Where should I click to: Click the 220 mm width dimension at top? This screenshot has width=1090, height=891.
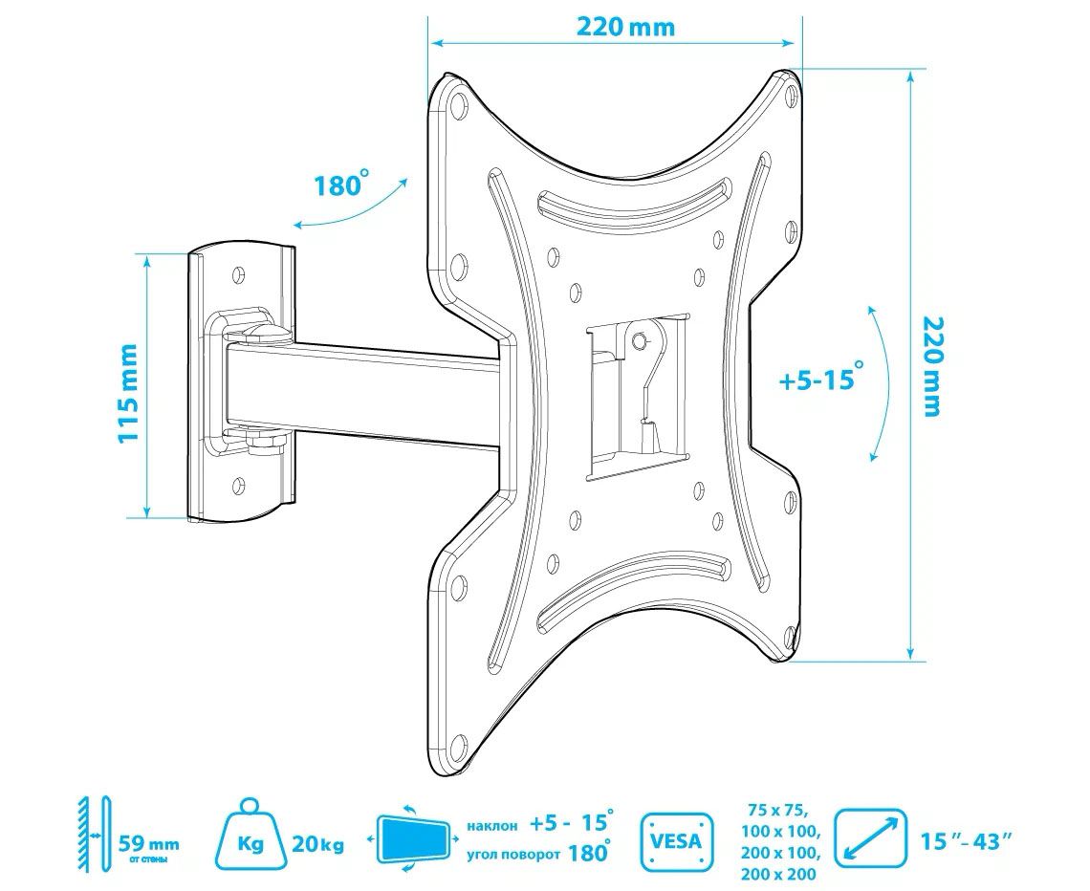625,27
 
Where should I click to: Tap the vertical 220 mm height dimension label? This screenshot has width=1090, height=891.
930,366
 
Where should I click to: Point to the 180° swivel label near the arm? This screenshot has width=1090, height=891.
339,185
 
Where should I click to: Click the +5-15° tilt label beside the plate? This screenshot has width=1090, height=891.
821,379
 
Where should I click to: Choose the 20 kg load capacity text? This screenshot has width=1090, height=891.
317,845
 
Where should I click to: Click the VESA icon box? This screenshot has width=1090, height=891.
676,840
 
